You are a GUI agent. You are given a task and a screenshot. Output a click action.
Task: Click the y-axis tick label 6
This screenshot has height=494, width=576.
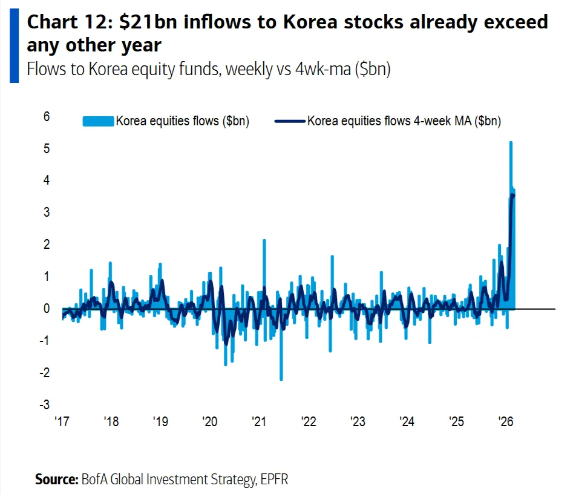(x=46, y=116)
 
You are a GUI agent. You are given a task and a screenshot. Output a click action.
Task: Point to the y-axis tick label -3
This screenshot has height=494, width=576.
(x=45, y=404)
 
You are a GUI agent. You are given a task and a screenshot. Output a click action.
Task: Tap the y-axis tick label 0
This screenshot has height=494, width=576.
(x=46, y=309)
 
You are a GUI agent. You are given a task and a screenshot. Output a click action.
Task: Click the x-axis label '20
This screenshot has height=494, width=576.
(x=209, y=421)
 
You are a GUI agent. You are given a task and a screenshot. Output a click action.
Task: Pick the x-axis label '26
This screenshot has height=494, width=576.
(x=505, y=421)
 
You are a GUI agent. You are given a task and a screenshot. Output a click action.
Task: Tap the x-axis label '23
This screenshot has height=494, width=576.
(x=358, y=421)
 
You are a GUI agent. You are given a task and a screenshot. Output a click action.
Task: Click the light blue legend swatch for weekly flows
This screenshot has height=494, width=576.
(x=98, y=121)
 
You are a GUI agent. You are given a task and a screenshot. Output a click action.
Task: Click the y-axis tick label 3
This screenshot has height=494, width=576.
(x=46, y=212)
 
